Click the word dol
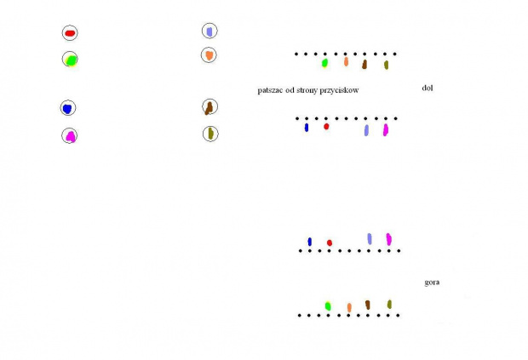pyautogui.click(x=428, y=88)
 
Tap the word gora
pyautogui.click(x=432, y=283)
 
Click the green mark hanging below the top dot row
pyautogui.click(x=324, y=63)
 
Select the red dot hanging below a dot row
pyautogui.click(x=326, y=127)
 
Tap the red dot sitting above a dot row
pyautogui.click(x=330, y=243)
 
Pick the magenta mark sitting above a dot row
pyautogui.click(x=389, y=239)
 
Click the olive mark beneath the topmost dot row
pyautogui.click(x=387, y=65)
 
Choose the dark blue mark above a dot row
pyautogui.click(x=310, y=242)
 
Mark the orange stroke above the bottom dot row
pyautogui.click(x=349, y=307)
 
